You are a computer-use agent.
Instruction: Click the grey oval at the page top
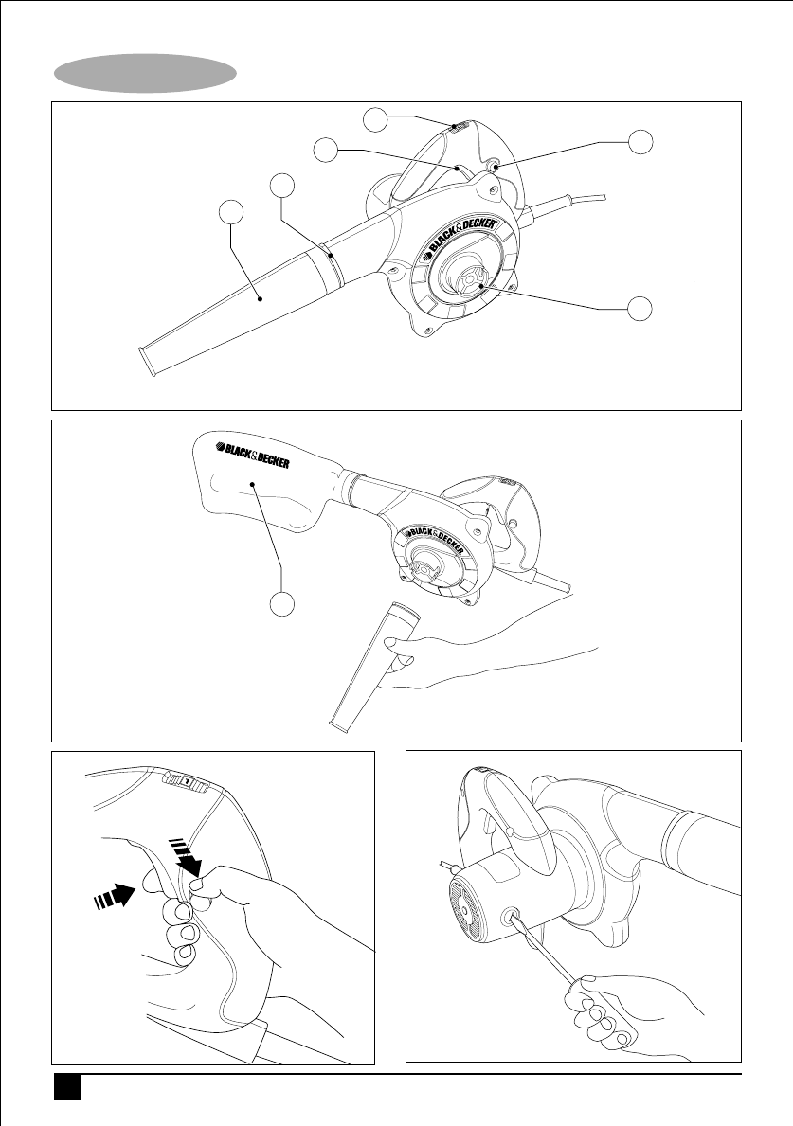(x=146, y=73)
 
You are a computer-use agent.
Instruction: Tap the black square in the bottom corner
(x=67, y=1087)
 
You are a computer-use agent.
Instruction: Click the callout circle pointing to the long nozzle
(x=230, y=212)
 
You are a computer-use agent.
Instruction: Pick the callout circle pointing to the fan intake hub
(x=640, y=309)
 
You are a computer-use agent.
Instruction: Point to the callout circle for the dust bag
(x=283, y=603)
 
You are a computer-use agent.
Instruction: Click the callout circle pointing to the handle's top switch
(x=375, y=120)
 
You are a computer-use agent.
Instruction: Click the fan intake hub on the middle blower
(x=428, y=566)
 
